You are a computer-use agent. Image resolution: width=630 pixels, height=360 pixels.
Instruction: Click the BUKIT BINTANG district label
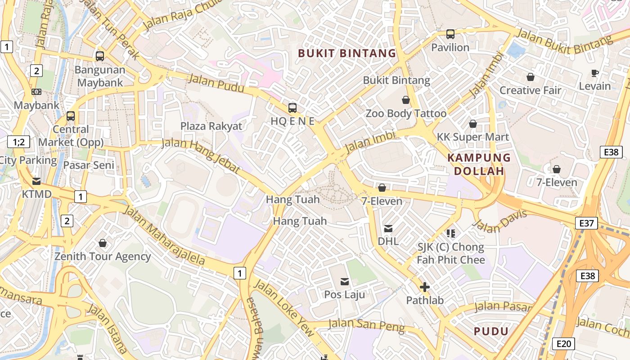pos(347,54)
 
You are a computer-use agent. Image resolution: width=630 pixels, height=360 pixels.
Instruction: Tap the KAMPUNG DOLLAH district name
pos(479,164)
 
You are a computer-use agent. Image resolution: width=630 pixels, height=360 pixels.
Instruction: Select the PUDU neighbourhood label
pos(491,332)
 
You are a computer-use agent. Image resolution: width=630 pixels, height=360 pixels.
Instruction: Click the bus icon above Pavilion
pos(450,34)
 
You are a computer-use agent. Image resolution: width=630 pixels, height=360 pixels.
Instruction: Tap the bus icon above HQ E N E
pos(292,108)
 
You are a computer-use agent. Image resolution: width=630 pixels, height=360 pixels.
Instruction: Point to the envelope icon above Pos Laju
pos(345,282)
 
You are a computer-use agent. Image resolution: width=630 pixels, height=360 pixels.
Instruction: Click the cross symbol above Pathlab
pos(424,287)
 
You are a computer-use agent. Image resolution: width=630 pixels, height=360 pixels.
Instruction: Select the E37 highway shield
pos(587,223)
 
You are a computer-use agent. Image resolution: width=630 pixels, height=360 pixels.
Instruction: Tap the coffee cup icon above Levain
pos(595,73)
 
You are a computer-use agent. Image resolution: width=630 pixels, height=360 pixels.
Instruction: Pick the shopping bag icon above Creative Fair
pos(531,77)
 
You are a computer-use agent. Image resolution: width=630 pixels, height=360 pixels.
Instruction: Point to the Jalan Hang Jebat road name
pos(201,156)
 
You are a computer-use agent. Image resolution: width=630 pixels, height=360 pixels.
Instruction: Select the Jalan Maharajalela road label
pos(164,235)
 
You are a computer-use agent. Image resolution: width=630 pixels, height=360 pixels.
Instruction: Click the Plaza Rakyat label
pos(211,126)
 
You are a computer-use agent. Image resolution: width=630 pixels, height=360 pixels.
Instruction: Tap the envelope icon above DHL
pos(388,229)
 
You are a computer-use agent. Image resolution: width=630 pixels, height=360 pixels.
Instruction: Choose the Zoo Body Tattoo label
pos(406,113)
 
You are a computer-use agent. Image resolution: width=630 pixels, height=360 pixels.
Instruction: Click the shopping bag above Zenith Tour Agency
pos(103,243)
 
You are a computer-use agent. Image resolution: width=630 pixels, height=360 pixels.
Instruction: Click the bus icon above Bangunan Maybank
pos(100,56)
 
